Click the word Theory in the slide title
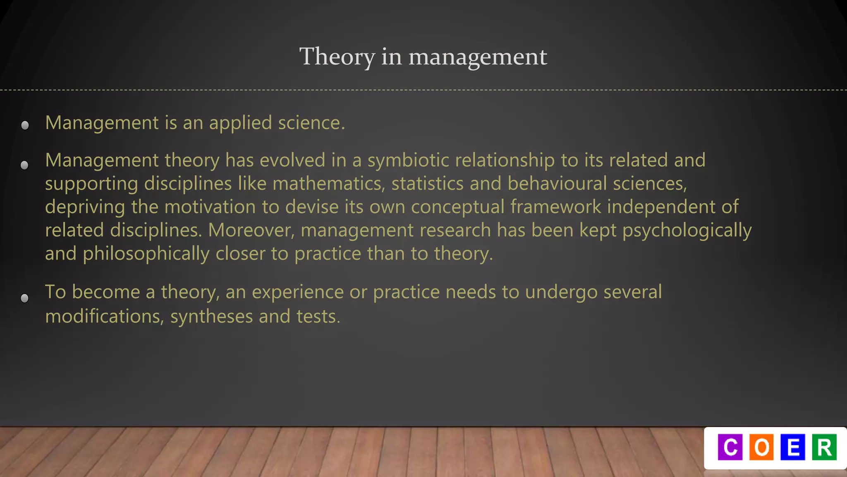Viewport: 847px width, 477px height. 337,57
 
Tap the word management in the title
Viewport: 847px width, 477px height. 478,57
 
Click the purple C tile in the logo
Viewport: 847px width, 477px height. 730,447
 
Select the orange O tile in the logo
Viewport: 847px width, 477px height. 761,447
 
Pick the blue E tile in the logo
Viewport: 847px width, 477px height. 793,447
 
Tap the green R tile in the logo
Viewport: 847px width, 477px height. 824,447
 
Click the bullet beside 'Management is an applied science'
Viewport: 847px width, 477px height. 25,125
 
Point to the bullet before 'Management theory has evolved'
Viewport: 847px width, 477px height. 24,165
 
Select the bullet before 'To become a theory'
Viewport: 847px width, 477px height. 24,298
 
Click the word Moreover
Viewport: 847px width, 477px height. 251,230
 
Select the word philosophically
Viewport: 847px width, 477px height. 146,254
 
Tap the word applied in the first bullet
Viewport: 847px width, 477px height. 240,123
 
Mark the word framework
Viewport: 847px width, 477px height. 555,207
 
